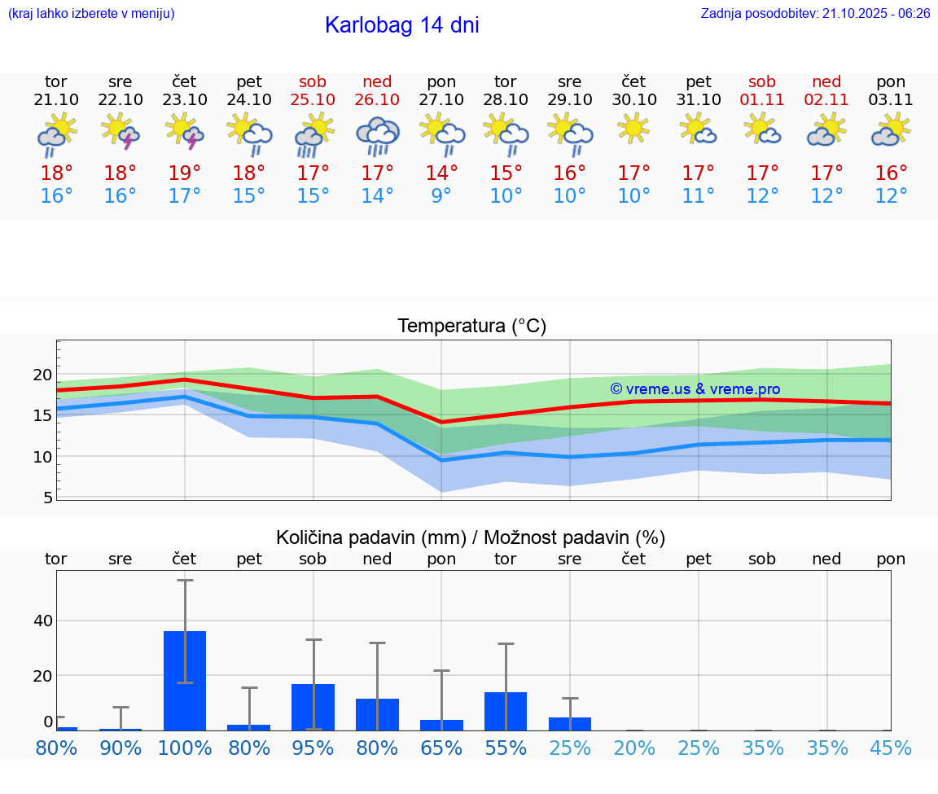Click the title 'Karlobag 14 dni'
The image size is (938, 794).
(401, 25)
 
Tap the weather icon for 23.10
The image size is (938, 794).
(184, 132)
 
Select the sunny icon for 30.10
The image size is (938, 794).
(633, 129)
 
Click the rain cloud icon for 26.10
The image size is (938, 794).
(377, 135)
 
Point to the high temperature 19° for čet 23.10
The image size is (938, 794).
(184, 173)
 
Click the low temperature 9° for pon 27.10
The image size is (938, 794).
(441, 196)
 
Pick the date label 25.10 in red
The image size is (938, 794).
(313, 100)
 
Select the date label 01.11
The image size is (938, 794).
(762, 100)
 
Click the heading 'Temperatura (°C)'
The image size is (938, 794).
(471, 327)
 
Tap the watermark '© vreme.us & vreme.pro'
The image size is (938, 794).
(695, 389)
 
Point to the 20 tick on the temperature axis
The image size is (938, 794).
(42, 375)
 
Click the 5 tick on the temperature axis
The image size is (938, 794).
(48, 497)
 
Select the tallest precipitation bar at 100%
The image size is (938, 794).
(185, 681)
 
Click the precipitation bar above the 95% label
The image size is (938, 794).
(313, 707)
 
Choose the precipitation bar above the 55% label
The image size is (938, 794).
(506, 711)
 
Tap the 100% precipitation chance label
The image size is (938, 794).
(185, 748)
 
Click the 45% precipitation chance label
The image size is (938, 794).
(891, 748)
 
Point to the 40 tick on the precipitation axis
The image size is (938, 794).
(42, 621)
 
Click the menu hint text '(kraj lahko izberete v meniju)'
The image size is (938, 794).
(91, 14)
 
